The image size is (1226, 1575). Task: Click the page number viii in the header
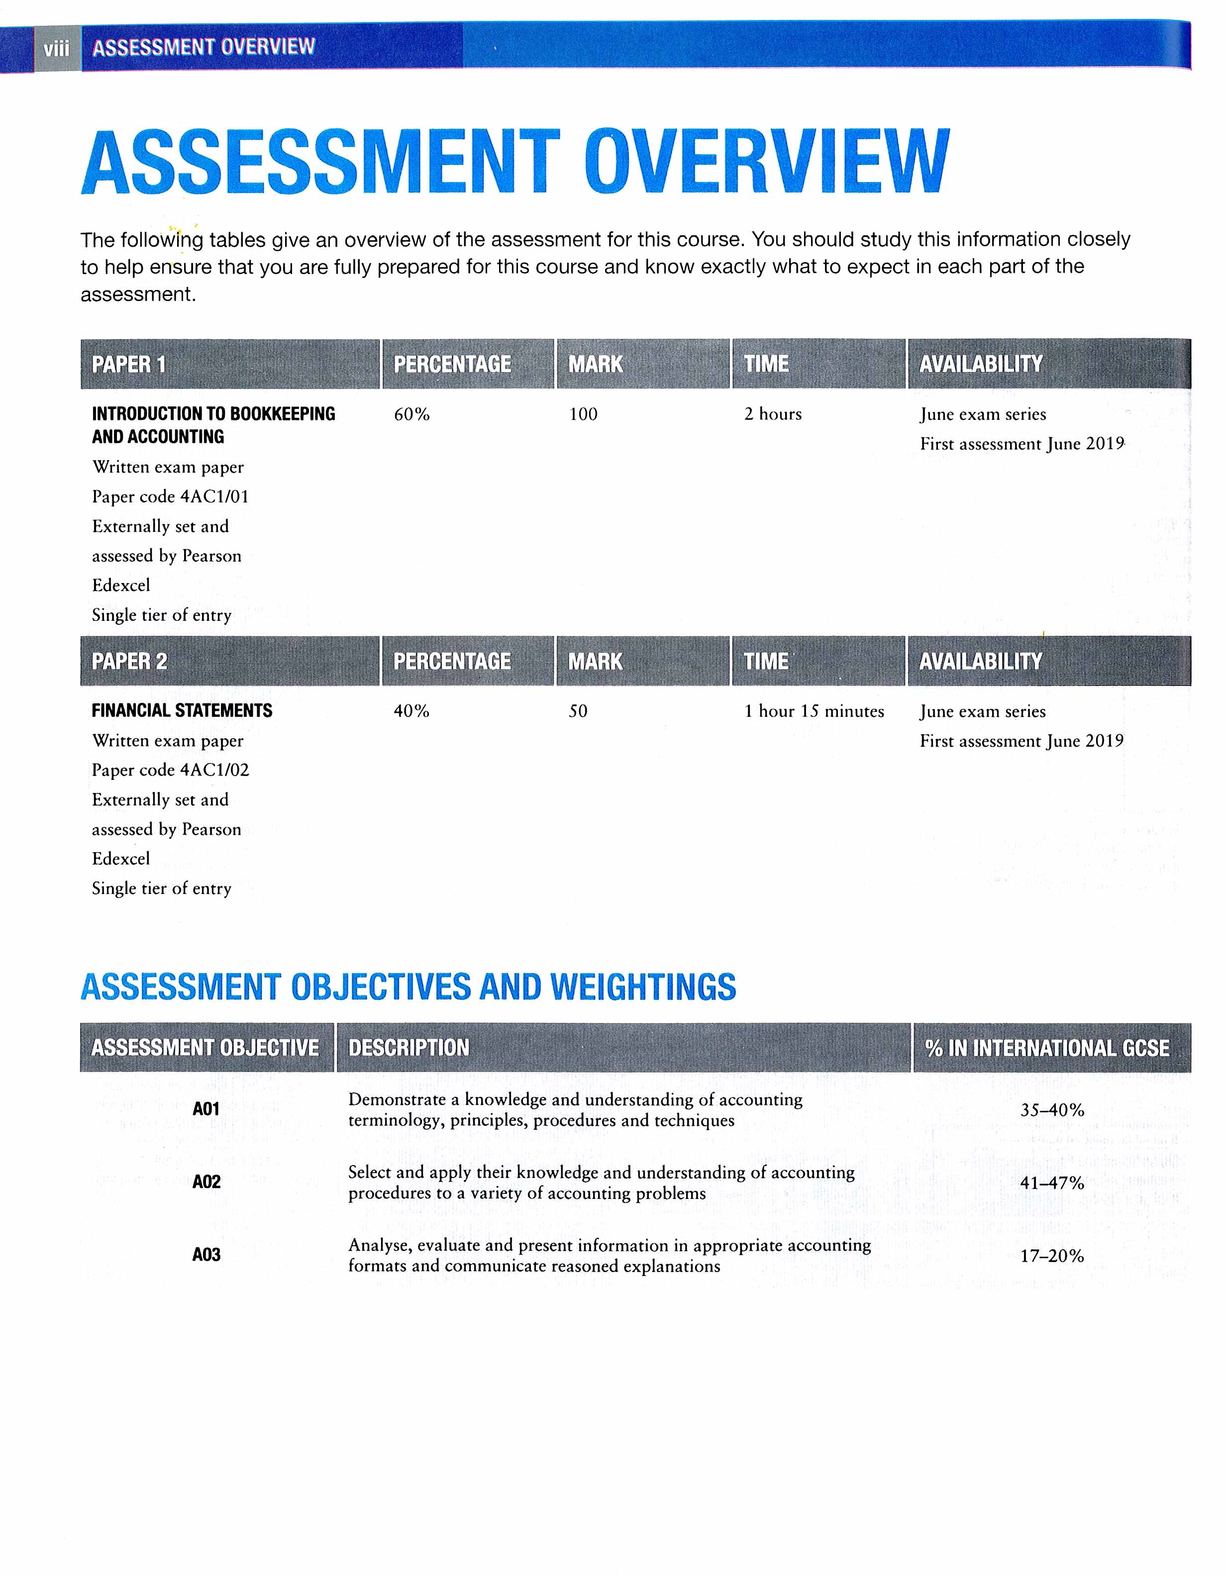pos(56,48)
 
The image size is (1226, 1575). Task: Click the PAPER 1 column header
pos(128,364)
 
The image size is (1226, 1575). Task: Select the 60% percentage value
pos(412,414)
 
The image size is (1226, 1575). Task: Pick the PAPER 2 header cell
pos(129,661)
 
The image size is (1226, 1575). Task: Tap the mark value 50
pos(578,711)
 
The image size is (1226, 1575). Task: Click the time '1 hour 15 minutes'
pos(814,711)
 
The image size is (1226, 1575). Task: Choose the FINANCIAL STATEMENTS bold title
pos(182,711)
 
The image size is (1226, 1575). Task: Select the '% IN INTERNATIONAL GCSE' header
pos(1047,1048)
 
